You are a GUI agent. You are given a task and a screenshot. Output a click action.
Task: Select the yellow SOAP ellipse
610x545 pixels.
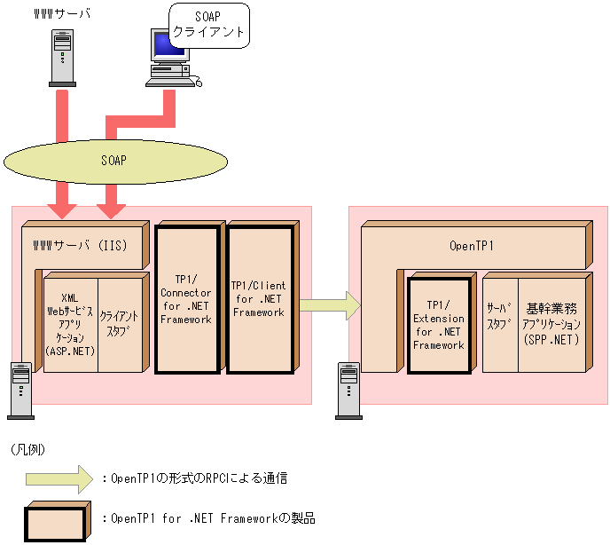113,161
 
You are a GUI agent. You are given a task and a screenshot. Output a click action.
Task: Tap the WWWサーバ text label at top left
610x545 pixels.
60,15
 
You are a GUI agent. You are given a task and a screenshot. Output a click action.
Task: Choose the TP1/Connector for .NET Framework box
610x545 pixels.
186,300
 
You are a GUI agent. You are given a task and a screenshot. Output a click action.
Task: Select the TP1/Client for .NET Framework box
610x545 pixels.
259,300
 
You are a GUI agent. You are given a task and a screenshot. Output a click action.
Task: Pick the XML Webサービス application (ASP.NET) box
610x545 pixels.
70,324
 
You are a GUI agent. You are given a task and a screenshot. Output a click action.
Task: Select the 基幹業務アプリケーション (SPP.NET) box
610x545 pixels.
551,324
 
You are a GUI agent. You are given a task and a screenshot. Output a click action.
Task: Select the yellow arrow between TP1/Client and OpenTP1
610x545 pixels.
329,305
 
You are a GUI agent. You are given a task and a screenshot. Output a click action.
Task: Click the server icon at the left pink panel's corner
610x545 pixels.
20,389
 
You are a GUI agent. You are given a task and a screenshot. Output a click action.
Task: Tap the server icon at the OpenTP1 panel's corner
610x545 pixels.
348,389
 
